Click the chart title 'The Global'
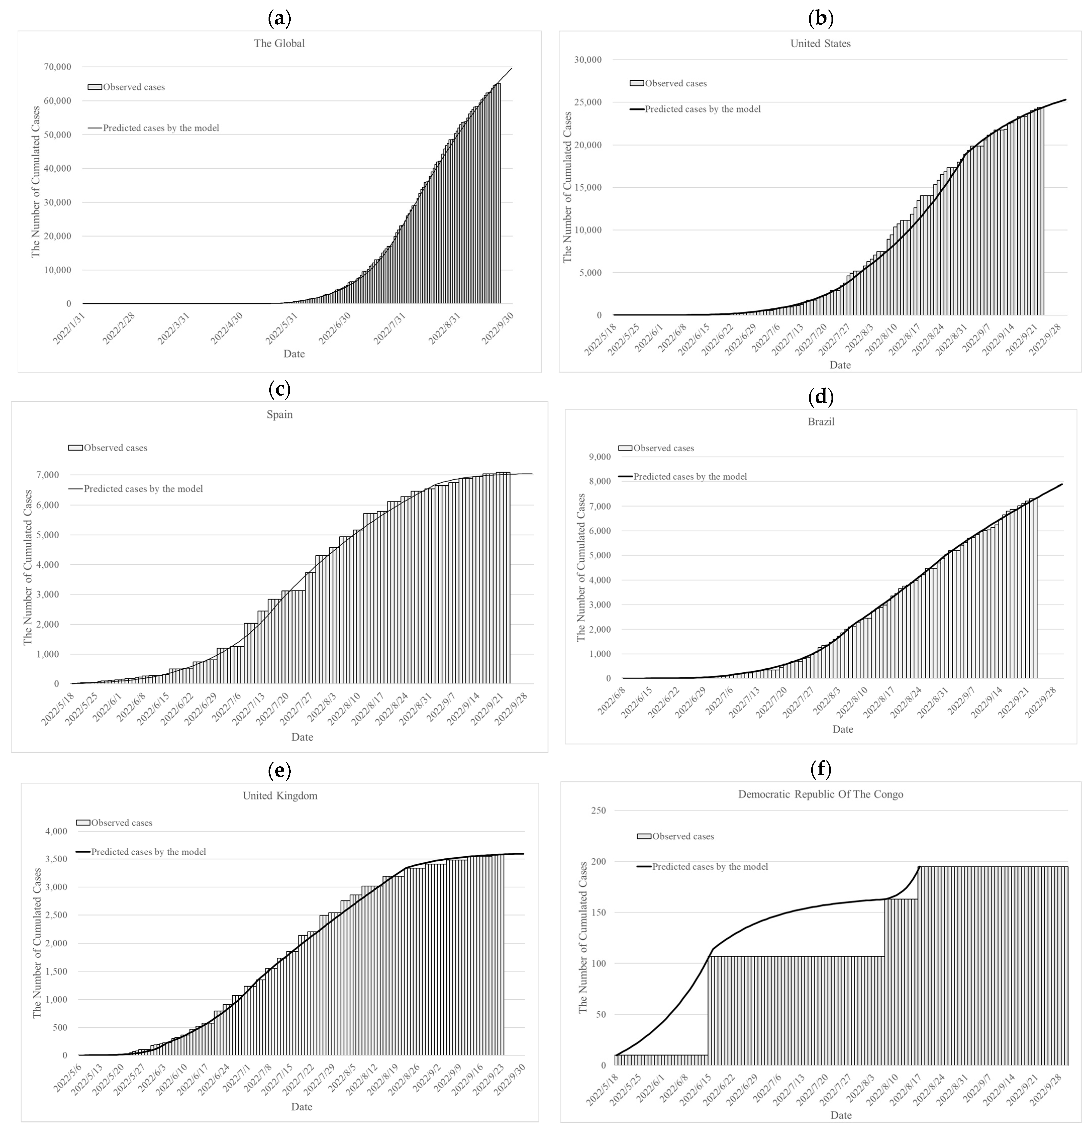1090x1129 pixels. click(x=279, y=43)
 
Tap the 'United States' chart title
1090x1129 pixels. click(x=820, y=43)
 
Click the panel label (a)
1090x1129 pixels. click(x=279, y=19)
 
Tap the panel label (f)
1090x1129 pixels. click(x=820, y=769)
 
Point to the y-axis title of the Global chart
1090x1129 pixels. click(x=36, y=181)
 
